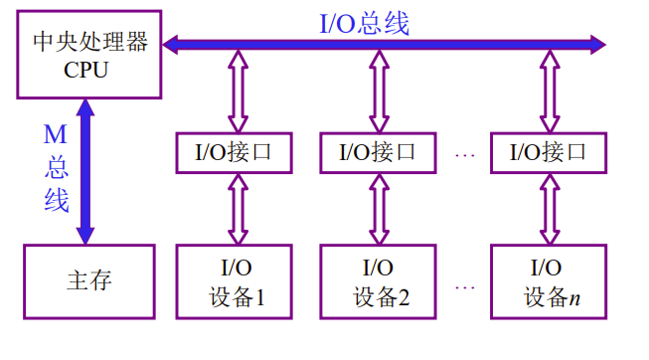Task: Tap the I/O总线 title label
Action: (365, 22)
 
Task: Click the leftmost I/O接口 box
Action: (237, 152)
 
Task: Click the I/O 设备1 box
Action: (237, 281)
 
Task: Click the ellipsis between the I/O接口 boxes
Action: (464, 154)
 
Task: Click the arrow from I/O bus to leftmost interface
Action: (237, 91)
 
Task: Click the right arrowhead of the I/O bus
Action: (596, 43)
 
